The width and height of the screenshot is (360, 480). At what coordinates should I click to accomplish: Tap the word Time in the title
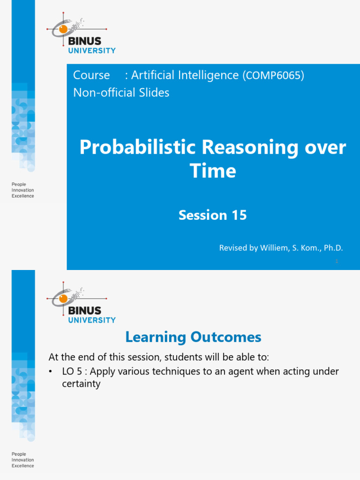212,171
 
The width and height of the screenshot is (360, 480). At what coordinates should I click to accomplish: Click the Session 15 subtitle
212,215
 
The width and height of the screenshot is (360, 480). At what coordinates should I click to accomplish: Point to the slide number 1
337,262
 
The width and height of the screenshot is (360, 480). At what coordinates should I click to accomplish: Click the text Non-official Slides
121,93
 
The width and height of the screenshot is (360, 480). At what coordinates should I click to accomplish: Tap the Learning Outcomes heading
193,337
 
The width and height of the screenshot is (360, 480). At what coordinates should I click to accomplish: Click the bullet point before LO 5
51,372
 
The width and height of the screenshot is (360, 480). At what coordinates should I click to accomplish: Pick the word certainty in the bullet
81,384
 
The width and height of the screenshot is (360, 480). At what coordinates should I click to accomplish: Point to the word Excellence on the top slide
22,196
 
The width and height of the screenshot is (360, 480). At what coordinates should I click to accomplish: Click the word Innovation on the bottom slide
22,460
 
